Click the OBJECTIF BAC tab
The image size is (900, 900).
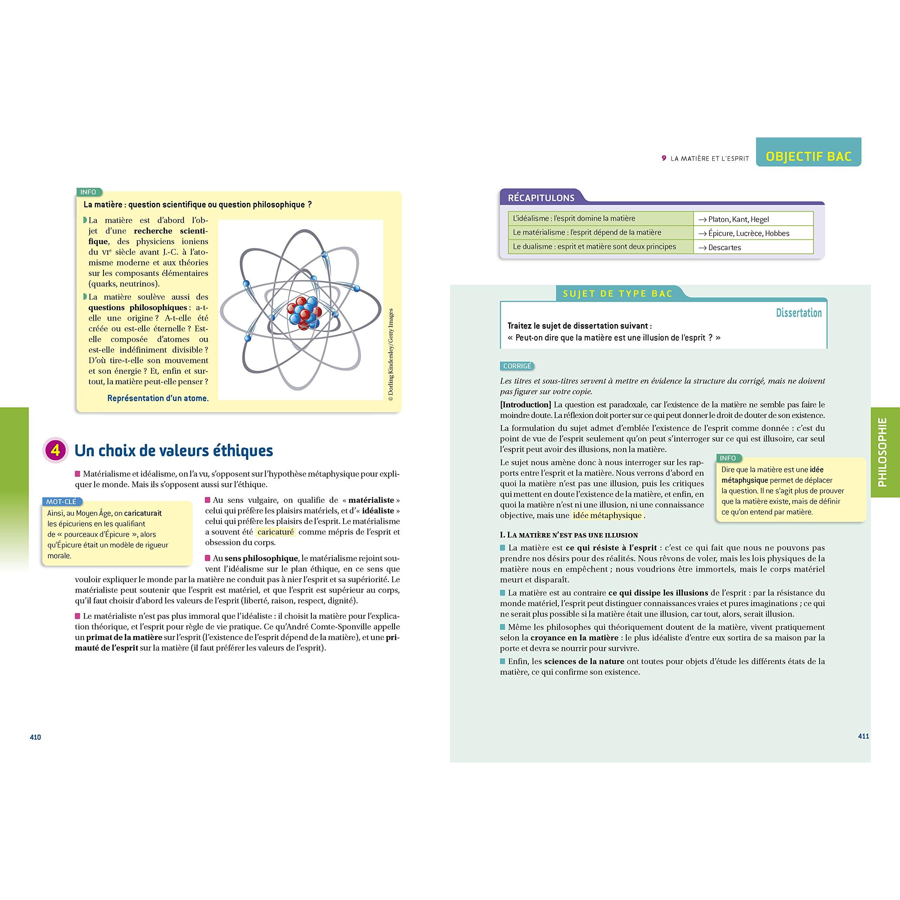808,156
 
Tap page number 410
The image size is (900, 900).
36,737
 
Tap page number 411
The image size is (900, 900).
863,736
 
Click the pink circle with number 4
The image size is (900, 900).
56,450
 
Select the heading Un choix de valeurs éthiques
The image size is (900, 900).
173,450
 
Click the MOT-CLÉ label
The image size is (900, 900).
62,502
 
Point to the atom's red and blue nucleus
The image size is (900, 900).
303,311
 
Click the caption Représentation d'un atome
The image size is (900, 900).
158,398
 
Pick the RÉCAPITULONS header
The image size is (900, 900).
541,198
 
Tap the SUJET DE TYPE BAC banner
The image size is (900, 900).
618,294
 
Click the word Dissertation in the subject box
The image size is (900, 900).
798,313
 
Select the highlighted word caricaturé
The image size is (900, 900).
276,532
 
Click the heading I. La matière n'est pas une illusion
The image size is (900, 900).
569,535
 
